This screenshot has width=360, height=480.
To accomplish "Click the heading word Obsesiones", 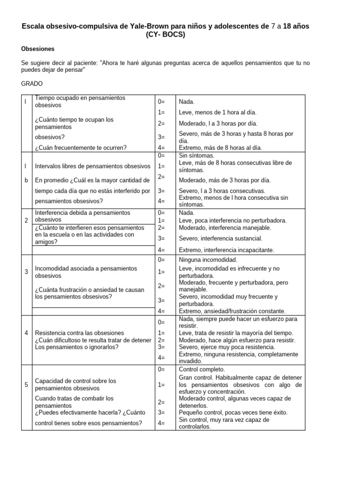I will pyautogui.click(x=38, y=49).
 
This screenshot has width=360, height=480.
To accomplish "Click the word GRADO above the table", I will pyautogui.click(x=32, y=83).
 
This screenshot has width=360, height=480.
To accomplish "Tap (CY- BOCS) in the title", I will pyautogui.click(x=165, y=35).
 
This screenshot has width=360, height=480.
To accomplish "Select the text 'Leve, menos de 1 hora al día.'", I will pyautogui.click(x=217, y=112).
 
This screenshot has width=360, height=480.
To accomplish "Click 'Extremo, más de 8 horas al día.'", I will pyautogui.click(x=220, y=148).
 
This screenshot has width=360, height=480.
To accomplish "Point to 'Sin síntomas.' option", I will pyautogui.click(x=196, y=155).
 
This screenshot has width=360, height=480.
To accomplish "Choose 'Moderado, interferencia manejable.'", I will pyautogui.click(x=225, y=228).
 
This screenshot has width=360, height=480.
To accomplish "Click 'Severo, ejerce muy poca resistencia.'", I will pyautogui.click(x=227, y=347).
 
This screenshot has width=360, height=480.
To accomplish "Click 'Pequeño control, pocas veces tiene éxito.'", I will pyautogui.click(x=233, y=412).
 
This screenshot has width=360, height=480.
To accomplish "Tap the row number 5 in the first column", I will pyautogui.click(x=26, y=385).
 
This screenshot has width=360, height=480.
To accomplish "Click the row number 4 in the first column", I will pyautogui.click(x=26, y=333).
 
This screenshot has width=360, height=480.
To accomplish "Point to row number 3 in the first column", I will pyautogui.click(x=26, y=272).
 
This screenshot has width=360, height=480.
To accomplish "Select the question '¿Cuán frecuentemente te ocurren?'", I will pyautogui.click(x=81, y=148).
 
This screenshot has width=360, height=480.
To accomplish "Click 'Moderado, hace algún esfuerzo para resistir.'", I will pyautogui.click(x=237, y=340).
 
